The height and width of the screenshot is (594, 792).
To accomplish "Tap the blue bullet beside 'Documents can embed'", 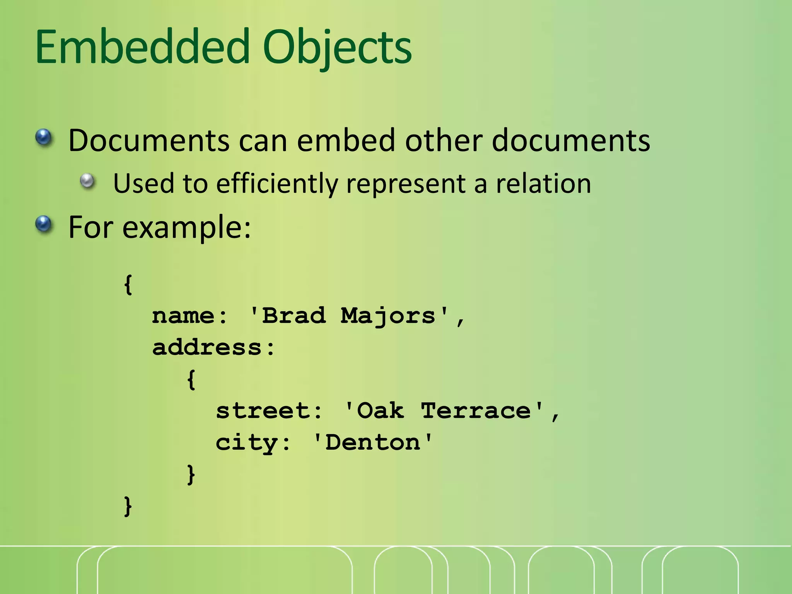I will click(44, 137).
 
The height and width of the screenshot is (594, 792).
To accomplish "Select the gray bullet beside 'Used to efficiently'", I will click(88, 181).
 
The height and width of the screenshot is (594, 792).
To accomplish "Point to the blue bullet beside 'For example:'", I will click(44, 224).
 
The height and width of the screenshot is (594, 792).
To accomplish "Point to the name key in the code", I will click(183, 316).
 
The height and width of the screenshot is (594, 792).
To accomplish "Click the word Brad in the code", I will click(294, 316).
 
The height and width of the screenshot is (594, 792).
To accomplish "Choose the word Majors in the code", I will click(388, 316).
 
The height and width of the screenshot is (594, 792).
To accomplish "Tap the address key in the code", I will click(207, 347).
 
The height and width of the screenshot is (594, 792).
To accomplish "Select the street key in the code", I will click(263, 411).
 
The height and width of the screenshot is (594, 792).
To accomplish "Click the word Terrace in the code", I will click(476, 411).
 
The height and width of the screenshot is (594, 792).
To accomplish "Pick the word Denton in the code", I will click(373, 442).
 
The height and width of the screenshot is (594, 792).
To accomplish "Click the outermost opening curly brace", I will click(128, 285).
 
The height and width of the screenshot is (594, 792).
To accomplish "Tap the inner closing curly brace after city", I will click(191, 474).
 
